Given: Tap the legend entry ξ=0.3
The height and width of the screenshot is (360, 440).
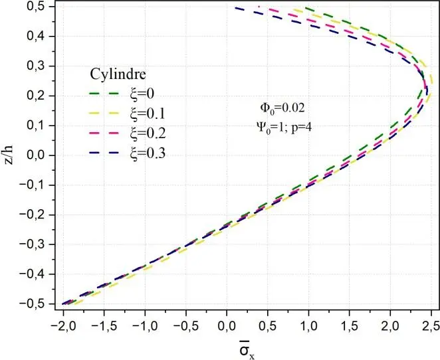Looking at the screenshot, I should point(148,153).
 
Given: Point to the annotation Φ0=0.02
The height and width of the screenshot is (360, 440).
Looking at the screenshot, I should point(282,107).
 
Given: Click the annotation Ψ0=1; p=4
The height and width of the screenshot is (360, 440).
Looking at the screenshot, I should point(282,127).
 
